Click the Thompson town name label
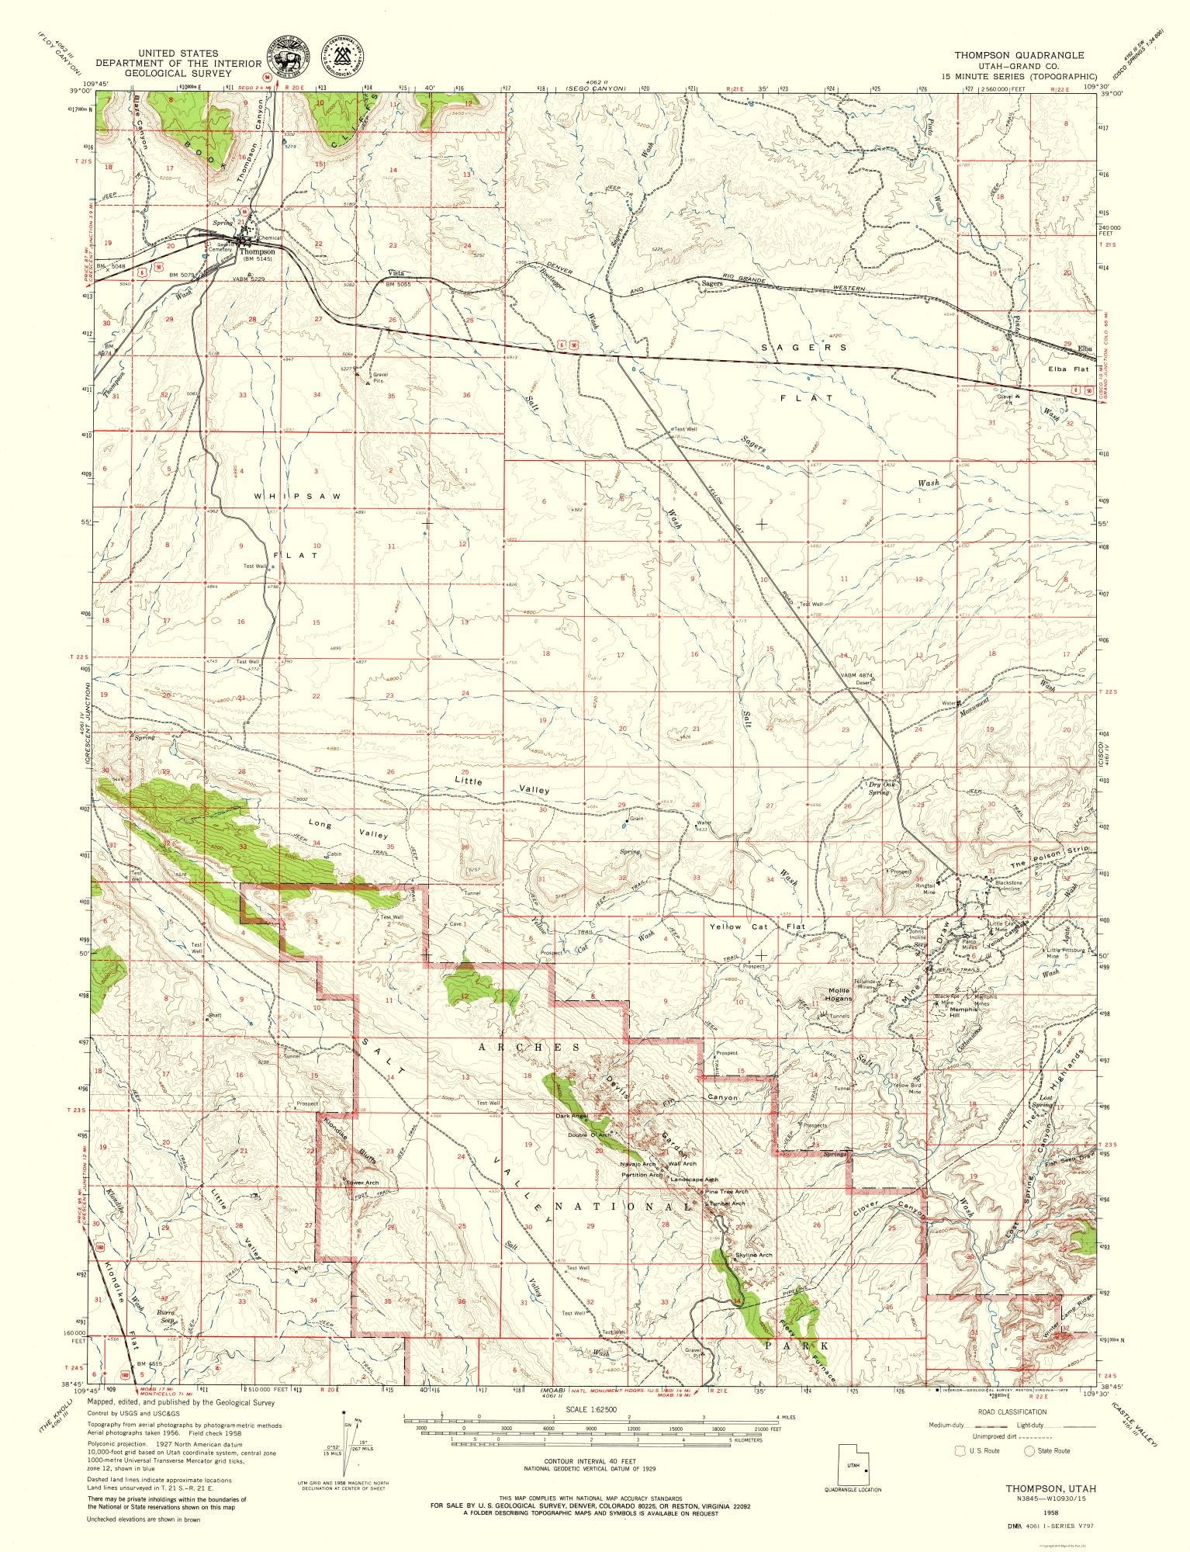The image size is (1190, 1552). click(257, 251)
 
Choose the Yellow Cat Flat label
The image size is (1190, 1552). click(756, 927)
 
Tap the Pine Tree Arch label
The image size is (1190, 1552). click(726, 1191)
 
